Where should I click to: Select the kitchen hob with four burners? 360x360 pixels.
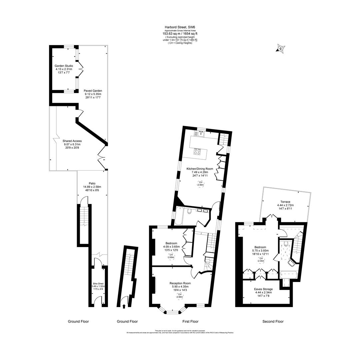pyautogui.click(x=198, y=152)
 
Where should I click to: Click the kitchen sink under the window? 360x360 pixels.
pyautogui.click(x=201, y=134)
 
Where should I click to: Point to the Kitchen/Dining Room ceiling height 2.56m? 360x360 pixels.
pyautogui.click(x=200, y=183)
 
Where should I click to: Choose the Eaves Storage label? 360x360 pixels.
pyautogui.click(x=263, y=289)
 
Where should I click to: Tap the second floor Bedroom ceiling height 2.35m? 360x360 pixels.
pyautogui.click(x=261, y=260)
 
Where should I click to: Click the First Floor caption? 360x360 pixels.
pyautogui.click(x=190, y=322)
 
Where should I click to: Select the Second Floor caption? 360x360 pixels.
pyautogui.click(x=273, y=322)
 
